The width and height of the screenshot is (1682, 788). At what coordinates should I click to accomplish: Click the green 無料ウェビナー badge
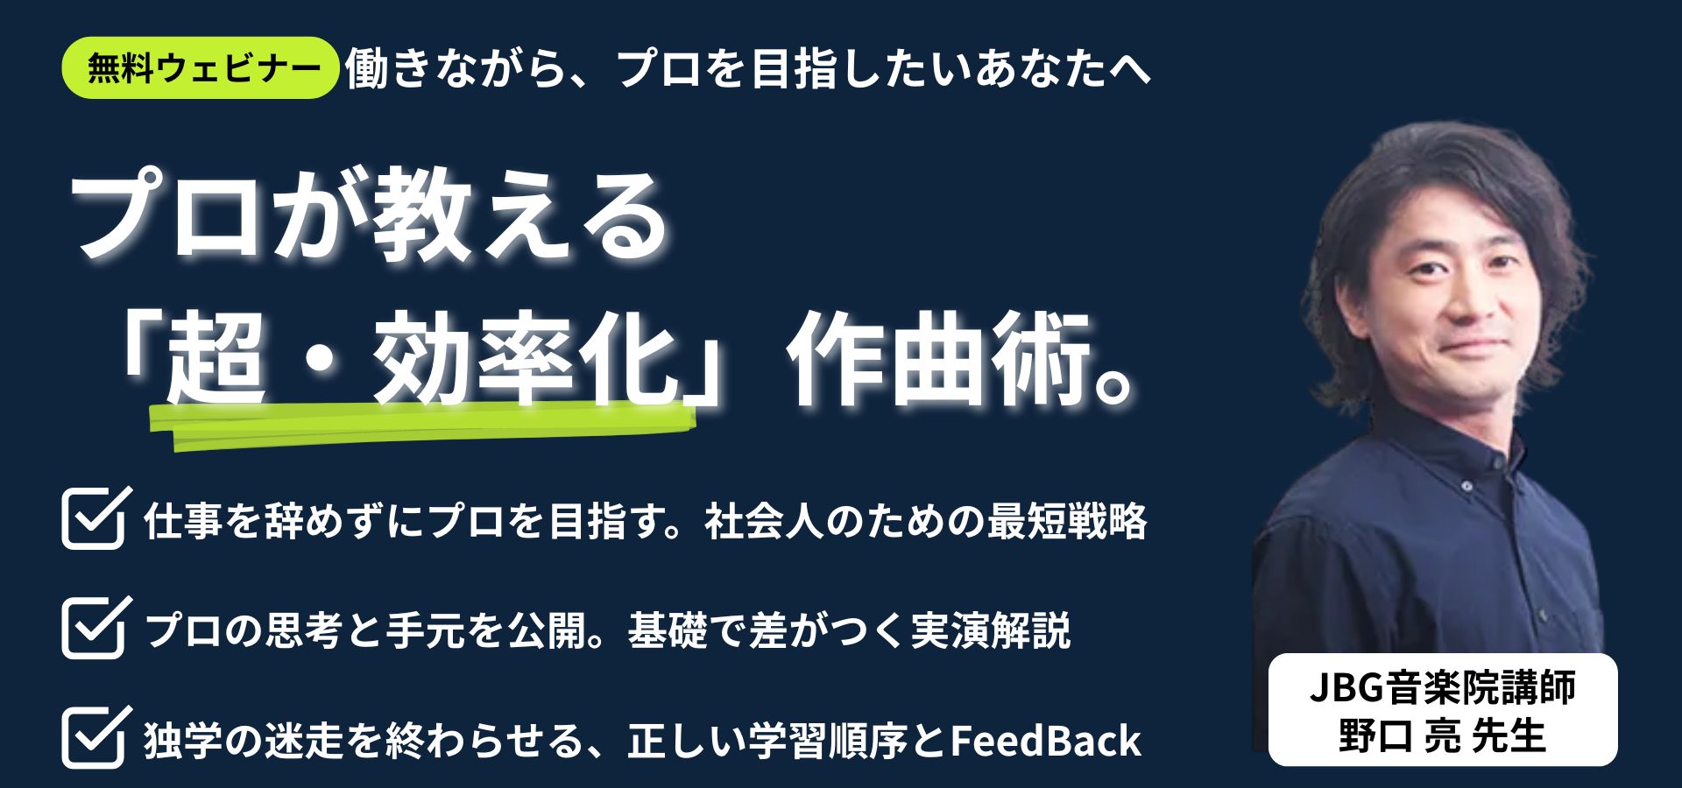201,68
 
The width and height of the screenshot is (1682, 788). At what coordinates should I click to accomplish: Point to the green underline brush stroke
420,425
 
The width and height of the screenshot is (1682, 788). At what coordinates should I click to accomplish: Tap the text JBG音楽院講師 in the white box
1442,688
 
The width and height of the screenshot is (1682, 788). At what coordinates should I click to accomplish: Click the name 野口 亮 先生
1442,735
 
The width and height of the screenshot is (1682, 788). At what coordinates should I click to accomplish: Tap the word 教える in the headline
517,219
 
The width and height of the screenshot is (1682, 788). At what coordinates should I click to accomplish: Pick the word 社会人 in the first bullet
761,522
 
